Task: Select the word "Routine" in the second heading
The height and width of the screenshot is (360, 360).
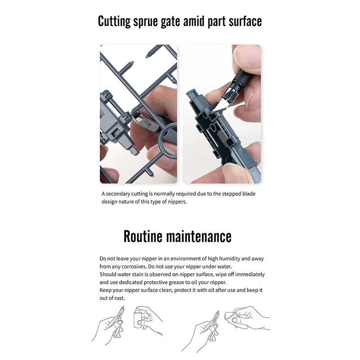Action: pos(143,236)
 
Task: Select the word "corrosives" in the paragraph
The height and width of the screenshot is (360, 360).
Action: pos(134,266)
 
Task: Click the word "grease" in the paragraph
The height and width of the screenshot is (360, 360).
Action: pos(177,282)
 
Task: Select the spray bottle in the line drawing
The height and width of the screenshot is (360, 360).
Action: pos(138,318)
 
